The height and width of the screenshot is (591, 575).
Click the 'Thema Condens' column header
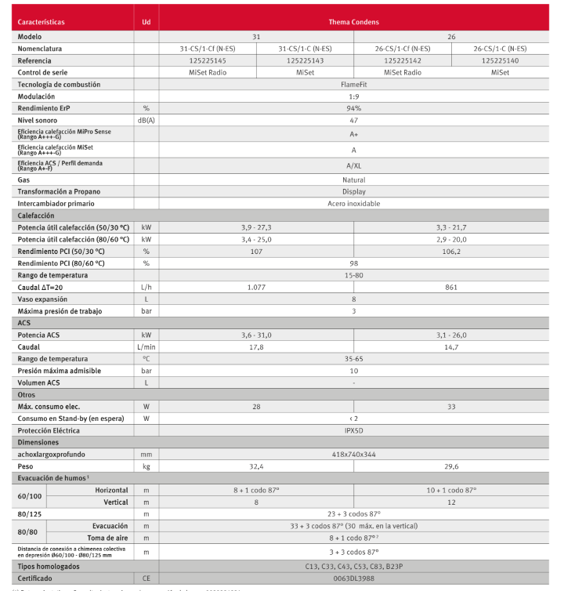tap(353, 22)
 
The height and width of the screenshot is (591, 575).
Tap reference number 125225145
tap(207, 60)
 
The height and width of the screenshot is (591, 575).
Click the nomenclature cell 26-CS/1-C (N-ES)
tap(500, 49)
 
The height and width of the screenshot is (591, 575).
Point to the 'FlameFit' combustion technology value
tap(354, 84)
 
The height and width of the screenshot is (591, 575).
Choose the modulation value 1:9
tap(354, 96)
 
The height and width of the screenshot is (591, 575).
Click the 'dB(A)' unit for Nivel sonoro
tap(146, 120)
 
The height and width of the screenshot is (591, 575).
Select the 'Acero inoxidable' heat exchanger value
tap(354, 203)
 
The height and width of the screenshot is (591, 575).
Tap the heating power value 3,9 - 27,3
tap(256, 227)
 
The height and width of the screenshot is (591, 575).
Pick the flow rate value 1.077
tap(256, 287)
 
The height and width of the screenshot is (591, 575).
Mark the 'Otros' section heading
tap(27, 395)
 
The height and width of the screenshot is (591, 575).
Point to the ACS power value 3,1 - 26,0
tap(451, 335)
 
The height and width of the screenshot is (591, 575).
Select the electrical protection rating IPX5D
tap(354, 430)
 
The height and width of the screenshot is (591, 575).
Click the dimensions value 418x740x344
tap(354, 454)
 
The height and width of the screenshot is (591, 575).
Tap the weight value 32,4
tap(256, 466)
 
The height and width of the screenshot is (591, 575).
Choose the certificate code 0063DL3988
tap(354, 577)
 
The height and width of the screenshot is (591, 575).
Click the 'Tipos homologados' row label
tap(49, 565)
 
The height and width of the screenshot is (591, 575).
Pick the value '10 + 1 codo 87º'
tap(451, 490)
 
